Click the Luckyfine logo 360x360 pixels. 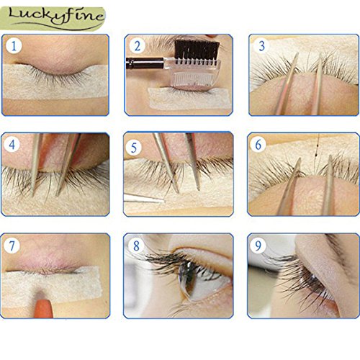pyautogui.click(x=53, y=19)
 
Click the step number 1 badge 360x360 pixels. pyautogui.click(x=14, y=45)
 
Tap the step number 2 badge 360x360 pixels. pyautogui.click(x=138, y=46)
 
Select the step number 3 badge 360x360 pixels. pyautogui.click(x=261, y=46)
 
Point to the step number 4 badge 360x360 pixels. pyautogui.click(x=12, y=144)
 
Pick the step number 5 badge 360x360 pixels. pyautogui.click(x=134, y=148)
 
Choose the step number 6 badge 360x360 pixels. pyautogui.click(x=258, y=144)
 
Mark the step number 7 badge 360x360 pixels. pyautogui.click(x=12, y=246)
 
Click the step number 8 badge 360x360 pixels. pyautogui.click(x=136, y=246)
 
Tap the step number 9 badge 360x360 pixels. pyautogui.click(x=258, y=246)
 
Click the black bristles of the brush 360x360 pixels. pyautogui.click(x=197, y=50)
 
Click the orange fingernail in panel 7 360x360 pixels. pyautogui.click(x=44, y=308)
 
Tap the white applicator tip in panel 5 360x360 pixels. pyautogui.click(x=143, y=198)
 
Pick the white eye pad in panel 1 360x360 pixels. pyautogui.click(x=55, y=81)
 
